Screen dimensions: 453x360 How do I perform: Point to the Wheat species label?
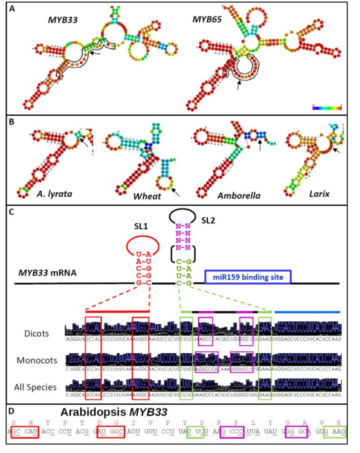point(146,196)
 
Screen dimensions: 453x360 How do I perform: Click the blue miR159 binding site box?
point(248,277)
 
